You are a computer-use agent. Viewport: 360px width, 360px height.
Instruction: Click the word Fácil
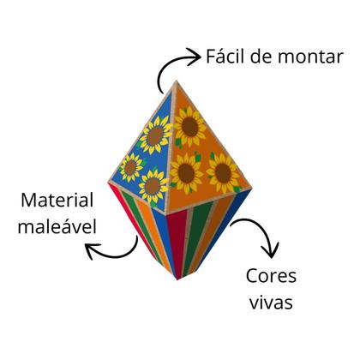point(225,56)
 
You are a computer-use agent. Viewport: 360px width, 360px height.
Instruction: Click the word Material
point(57,200)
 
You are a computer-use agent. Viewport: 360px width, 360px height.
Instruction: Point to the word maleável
point(57,226)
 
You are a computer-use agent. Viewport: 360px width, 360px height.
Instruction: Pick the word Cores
point(271,276)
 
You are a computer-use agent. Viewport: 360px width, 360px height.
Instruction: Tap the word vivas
point(271,303)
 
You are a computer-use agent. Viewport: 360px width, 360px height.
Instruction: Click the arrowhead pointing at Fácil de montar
point(195,57)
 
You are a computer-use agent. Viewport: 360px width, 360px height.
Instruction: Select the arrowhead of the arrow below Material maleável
point(92,250)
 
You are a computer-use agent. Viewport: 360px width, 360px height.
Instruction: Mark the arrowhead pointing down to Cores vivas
point(270,251)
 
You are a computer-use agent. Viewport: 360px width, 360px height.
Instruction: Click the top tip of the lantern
point(176,81)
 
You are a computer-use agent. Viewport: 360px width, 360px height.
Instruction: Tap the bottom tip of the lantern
point(177,279)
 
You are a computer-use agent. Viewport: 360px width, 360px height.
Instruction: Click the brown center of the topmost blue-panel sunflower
point(155,136)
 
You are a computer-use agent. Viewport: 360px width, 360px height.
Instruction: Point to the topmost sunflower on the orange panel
point(189,127)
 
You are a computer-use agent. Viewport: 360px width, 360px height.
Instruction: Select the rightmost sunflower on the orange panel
point(223,173)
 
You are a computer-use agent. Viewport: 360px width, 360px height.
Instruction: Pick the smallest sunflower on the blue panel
point(130,168)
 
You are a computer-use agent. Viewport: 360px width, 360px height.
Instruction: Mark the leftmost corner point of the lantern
point(109,182)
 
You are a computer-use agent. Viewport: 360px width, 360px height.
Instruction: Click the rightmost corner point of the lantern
point(251,189)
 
